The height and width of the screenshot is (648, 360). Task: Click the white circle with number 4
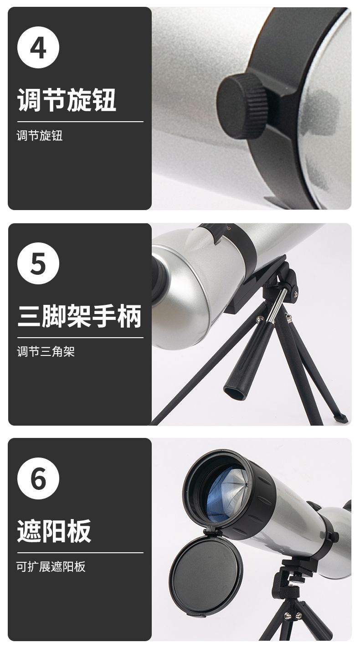[38, 47]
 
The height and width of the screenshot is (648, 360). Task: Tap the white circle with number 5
[38, 263]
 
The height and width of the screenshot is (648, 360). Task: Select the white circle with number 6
[38, 478]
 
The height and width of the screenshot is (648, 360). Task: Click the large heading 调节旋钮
[67, 100]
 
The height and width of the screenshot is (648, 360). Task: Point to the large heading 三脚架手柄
[79, 316]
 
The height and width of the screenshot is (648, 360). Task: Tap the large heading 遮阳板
[54, 531]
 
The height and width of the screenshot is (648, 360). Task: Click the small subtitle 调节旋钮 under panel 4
[40, 135]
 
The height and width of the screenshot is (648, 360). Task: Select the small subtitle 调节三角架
[46, 351]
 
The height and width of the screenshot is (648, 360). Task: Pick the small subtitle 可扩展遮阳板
[51, 566]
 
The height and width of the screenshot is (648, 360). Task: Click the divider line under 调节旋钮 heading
[80, 122]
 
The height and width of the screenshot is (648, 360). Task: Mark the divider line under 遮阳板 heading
[80, 553]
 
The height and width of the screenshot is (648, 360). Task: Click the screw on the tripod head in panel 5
[295, 293]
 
